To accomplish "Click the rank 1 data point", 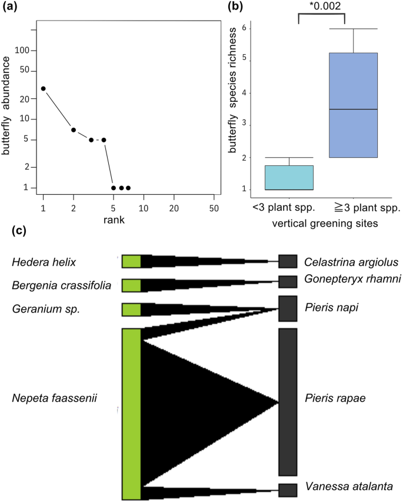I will click(44, 88).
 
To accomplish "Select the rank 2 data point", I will click(74, 129).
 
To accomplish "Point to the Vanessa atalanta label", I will click(349, 487).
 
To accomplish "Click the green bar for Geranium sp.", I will click(131, 310).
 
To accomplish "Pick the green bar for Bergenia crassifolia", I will click(131, 285).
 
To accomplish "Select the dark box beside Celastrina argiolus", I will click(287, 261).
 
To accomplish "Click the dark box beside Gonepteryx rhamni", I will click(287, 281).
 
